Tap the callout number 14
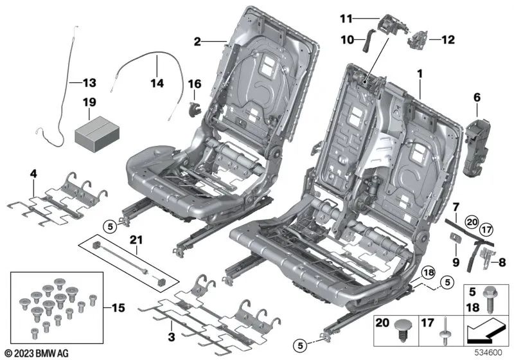pyautogui.click(x=157, y=83)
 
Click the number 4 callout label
pyautogui.click(x=33, y=174)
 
